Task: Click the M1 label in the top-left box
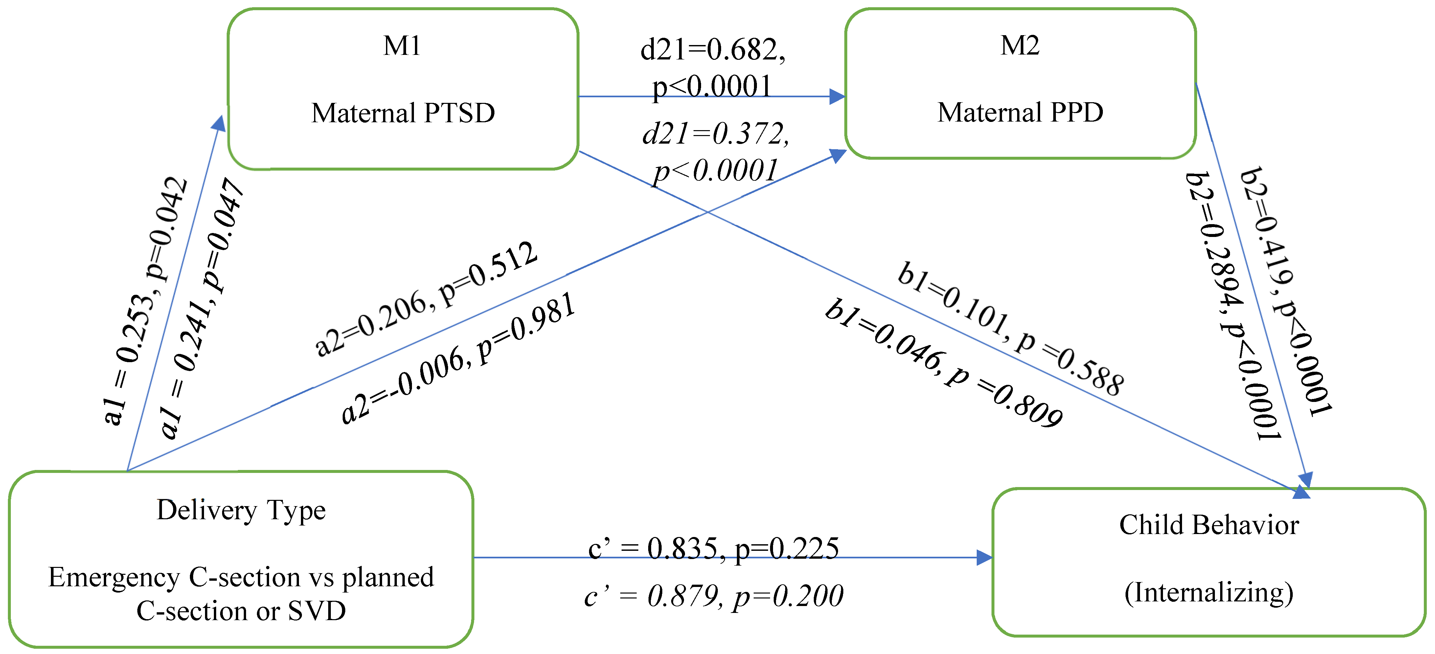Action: click(402, 46)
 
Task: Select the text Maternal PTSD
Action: click(403, 113)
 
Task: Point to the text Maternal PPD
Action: click(1020, 112)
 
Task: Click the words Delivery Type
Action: click(241, 510)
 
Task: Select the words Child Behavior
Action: click(1209, 525)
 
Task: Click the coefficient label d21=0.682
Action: click(713, 50)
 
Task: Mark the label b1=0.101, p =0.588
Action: click(1010, 329)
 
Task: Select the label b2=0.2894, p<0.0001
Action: click(1233, 305)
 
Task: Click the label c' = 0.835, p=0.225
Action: click(713, 549)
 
